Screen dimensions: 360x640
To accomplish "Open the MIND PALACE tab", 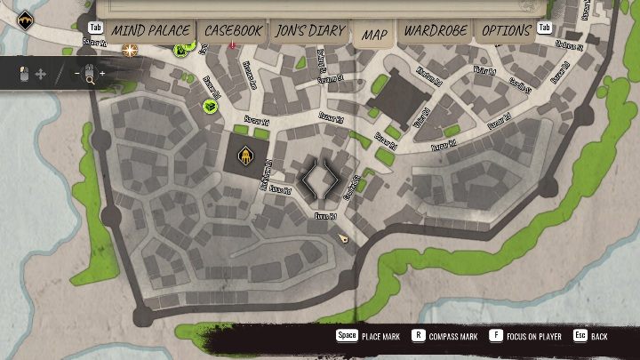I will pyautogui.click(x=149, y=31).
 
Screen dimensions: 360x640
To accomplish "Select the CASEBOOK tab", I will pyautogui.click(x=233, y=31).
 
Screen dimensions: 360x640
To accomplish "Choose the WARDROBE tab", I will pyautogui.click(x=436, y=31).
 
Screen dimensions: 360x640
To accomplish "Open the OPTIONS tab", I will pyautogui.click(x=506, y=31).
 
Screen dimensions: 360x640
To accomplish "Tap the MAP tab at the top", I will pyautogui.click(x=375, y=35).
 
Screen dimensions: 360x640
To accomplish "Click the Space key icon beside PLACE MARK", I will pyautogui.click(x=347, y=337).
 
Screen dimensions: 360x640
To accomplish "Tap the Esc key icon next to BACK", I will pyautogui.click(x=580, y=337).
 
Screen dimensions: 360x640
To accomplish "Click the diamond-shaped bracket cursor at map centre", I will pyautogui.click(x=317, y=180).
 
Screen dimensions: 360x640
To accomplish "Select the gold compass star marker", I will pyautogui.click(x=131, y=51).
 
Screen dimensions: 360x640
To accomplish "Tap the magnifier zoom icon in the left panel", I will pyautogui.click(x=90, y=76).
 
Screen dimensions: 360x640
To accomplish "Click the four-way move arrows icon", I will pyautogui.click(x=40, y=74).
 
